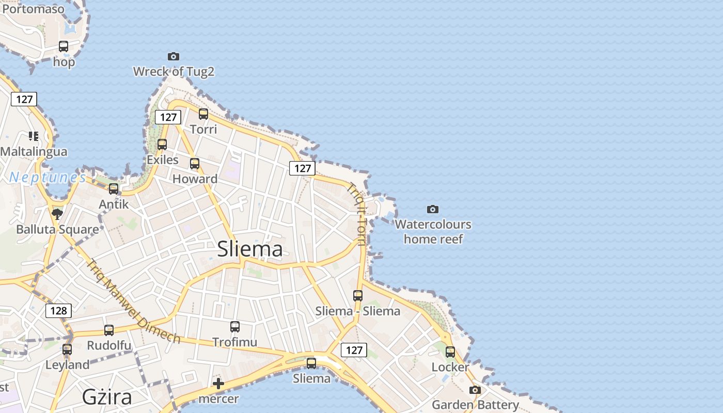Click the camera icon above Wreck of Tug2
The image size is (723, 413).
[174, 56]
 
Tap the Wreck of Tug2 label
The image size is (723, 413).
[174, 71]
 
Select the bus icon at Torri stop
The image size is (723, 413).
[203, 114]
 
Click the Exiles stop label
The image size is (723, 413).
[163, 160]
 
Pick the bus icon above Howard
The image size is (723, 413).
[195, 164]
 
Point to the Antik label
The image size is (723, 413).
[114, 204]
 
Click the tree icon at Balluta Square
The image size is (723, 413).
[57, 214]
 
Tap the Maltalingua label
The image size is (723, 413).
[34, 151]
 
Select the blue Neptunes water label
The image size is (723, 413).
[48, 178]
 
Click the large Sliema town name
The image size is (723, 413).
[250, 249]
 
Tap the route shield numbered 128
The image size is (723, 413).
[58, 310]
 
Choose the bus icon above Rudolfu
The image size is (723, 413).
[109, 330]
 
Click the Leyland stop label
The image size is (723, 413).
[67, 364]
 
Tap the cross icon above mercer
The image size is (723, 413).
[218, 384]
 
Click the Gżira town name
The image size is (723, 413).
[107, 397]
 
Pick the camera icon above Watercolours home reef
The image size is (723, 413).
[433, 209]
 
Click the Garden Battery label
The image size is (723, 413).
[475, 404]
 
